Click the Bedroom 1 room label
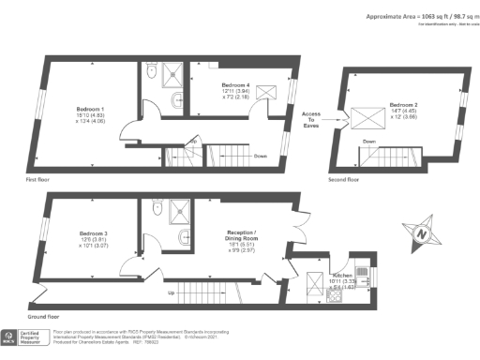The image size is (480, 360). point(90,109)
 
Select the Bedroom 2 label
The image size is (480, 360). point(402,104)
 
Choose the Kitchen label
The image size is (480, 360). point(341,277)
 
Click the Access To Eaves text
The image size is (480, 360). point(311,119)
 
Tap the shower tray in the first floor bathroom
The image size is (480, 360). point(174,72)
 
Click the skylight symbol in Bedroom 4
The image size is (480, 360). point(267,90)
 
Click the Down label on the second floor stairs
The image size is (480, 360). point(369,142)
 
